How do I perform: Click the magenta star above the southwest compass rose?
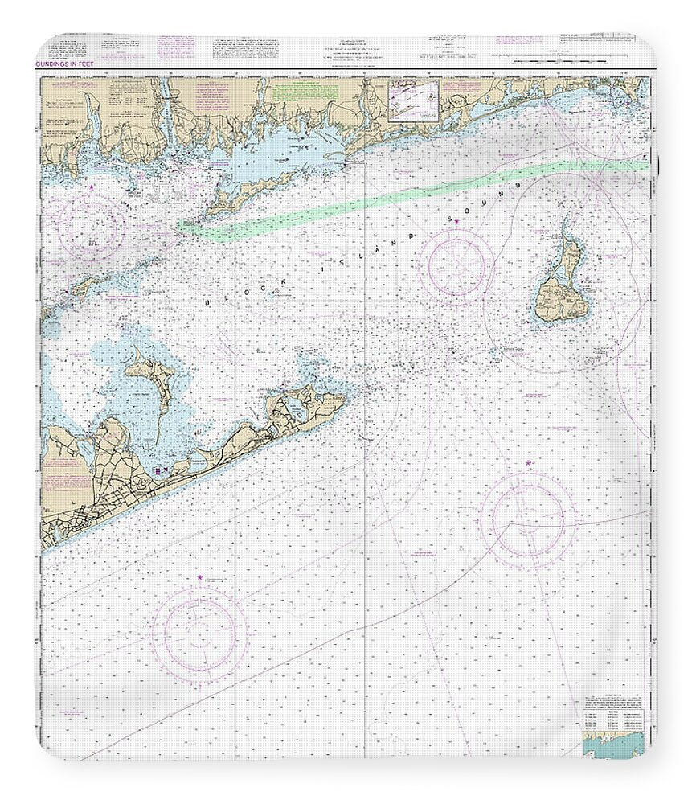coord(200,577)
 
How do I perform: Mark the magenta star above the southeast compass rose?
coord(528,463)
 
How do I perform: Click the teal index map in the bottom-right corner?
coord(616,747)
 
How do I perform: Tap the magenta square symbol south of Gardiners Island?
coord(158,470)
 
